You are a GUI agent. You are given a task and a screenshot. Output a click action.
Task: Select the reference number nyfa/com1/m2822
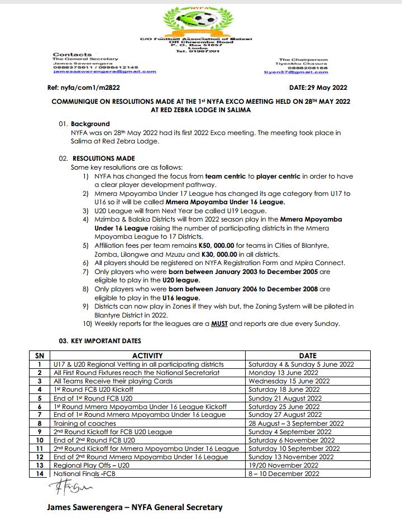tap(84, 88)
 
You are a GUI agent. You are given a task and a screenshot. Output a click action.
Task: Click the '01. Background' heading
tap(84, 124)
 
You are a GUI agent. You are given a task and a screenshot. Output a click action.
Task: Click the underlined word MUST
tap(219, 324)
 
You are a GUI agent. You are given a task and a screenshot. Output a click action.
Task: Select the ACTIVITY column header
tap(147, 355)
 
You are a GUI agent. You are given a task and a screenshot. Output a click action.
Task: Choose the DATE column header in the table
tap(307, 355)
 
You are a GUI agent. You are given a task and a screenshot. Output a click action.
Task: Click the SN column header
tap(39, 355)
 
